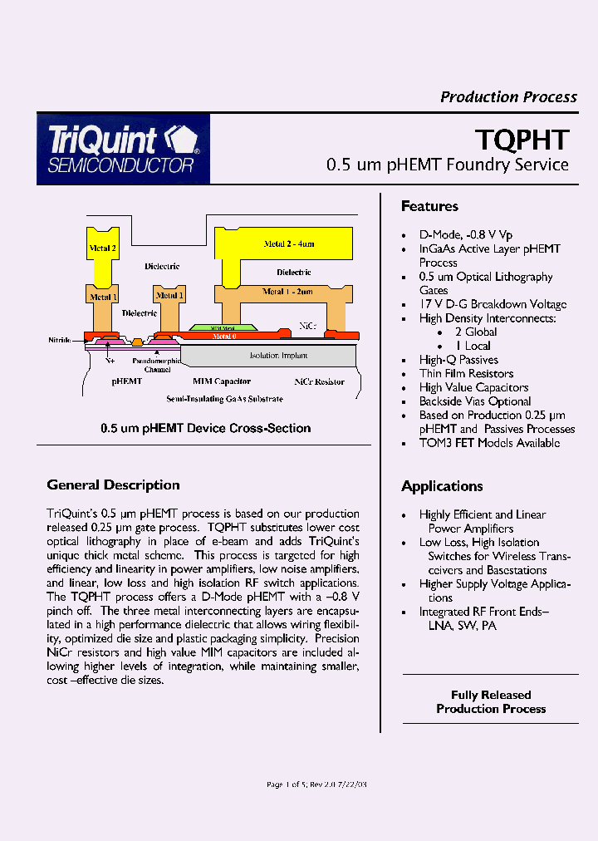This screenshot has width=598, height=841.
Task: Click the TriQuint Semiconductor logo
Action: (123, 149)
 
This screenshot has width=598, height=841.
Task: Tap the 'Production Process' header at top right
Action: (508, 97)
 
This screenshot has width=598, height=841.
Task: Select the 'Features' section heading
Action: (429, 206)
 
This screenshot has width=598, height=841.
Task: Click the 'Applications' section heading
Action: (442, 486)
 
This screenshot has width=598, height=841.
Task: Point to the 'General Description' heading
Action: (113, 485)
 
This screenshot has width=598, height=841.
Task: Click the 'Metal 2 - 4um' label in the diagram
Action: (289, 243)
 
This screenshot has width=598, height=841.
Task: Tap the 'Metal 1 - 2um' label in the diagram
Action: (287, 292)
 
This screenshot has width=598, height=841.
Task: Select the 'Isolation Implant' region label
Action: (278, 356)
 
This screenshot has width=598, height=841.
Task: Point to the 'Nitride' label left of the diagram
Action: (59, 341)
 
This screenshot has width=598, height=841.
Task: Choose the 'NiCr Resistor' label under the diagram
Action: (319, 381)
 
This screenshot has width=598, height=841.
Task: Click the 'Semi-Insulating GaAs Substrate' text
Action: (224, 400)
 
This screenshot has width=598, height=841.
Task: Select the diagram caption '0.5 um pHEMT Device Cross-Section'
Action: (205, 429)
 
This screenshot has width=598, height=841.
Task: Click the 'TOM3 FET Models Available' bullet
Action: (489, 443)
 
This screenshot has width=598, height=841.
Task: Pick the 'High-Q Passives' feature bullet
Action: (458, 360)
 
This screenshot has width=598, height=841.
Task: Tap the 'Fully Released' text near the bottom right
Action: (491, 695)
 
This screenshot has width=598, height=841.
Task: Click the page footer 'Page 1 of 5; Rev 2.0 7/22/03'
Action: (315, 784)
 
